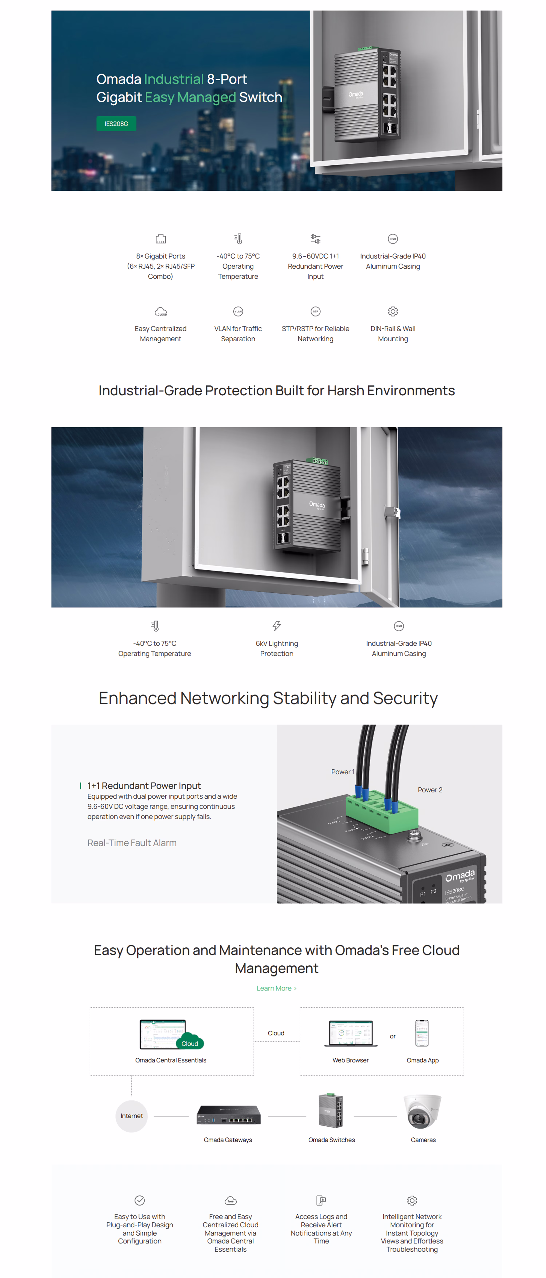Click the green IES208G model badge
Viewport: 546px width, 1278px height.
[x=116, y=124]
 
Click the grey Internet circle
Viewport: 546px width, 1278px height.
[x=132, y=1116]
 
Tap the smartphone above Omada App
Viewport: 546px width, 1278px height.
[x=421, y=1033]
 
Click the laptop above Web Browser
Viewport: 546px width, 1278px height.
[x=350, y=1033]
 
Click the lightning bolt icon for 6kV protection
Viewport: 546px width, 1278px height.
[x=276, y=626]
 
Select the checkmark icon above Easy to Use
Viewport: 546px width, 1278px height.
[x=139, y=1200]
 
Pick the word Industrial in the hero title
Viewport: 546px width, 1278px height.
[x=174, y=79]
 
